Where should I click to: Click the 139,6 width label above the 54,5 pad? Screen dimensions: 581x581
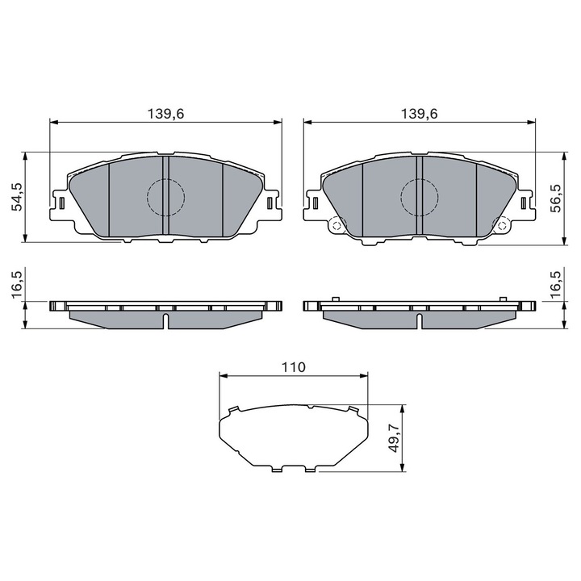click(166, 115)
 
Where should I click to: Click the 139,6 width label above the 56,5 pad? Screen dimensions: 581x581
click(420, 115)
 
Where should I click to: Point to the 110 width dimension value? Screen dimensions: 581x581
click(292, 367)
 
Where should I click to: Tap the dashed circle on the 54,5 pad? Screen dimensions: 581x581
click(166, 195)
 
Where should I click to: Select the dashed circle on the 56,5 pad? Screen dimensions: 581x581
click(420, 195)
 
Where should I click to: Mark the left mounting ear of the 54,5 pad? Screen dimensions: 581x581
click(59, 202)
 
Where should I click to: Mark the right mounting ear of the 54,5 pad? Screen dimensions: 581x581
click(273, 202)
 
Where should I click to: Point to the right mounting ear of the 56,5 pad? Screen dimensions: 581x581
click(526, 202)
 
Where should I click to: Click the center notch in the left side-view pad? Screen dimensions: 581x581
click(166, 321)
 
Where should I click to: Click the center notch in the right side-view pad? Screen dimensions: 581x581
click(420, 321)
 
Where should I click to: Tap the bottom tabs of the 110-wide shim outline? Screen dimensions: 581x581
click(292, 469)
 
